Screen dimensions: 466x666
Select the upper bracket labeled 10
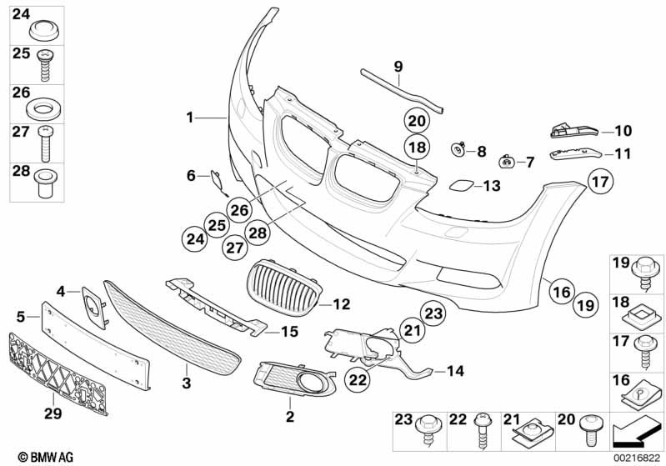(575, 130)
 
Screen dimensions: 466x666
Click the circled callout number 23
(433, 313)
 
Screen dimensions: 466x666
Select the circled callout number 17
(602, 180)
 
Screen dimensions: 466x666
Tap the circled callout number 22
(358, 379)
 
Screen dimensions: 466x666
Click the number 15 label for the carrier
(288, 332)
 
